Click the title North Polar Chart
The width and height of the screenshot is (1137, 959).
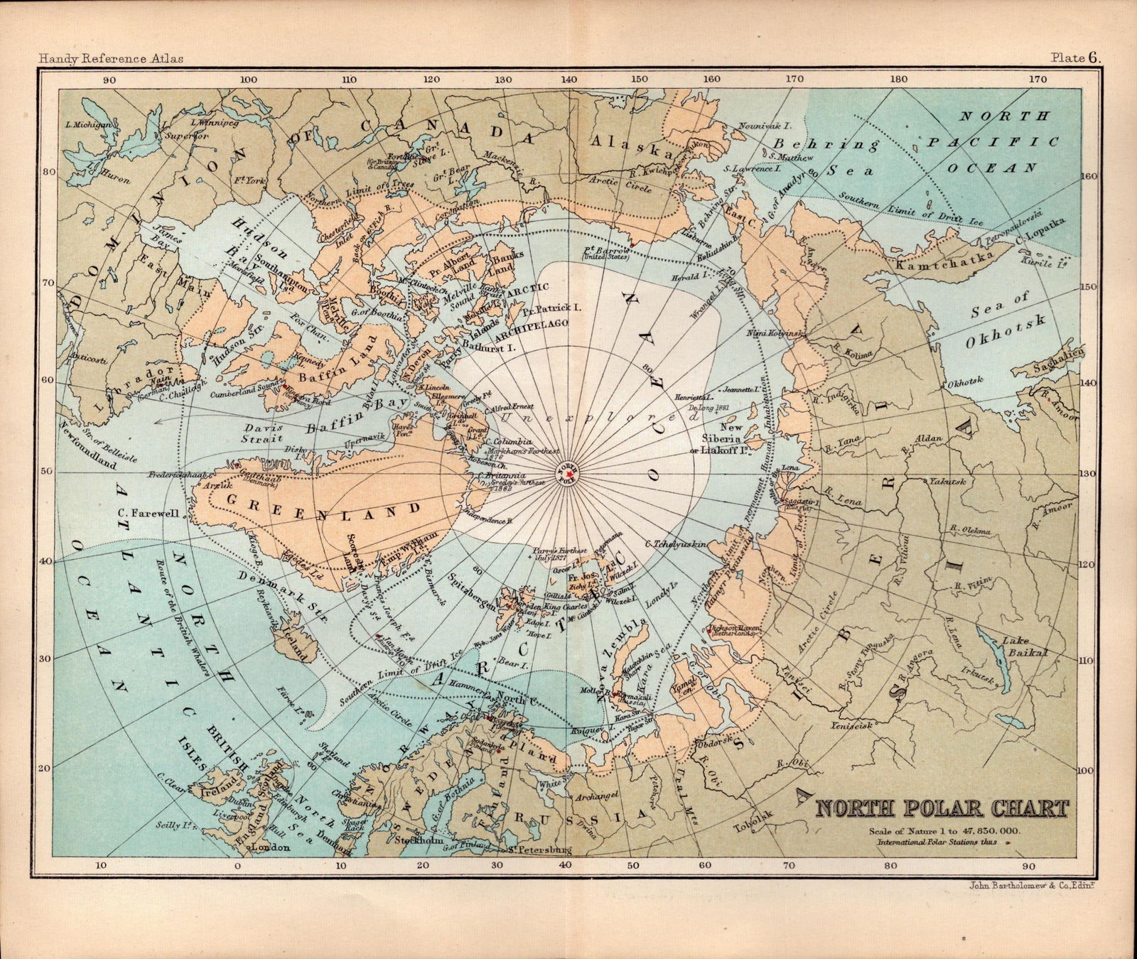pos(942,809)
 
